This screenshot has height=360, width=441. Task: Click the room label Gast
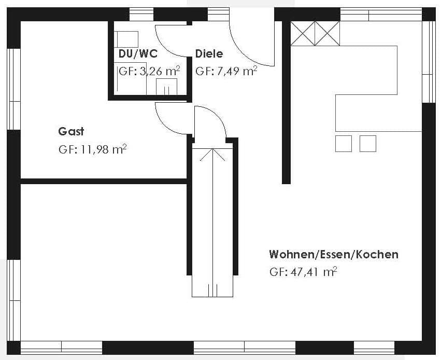(71, 131)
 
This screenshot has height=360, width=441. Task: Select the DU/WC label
(138, 53)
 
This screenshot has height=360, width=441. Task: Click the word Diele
(209, 53)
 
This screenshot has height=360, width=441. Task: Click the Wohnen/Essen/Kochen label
(334, 254)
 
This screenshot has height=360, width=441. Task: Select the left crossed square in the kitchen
(303, 33)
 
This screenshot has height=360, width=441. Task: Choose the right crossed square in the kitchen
(328, 33)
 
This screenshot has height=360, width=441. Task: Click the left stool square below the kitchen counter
(344, 144)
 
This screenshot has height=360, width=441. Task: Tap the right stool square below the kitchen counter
(368, 144)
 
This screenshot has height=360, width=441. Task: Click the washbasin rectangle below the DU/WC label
(166, 87)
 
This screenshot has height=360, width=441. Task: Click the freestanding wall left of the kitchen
(286, 103)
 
